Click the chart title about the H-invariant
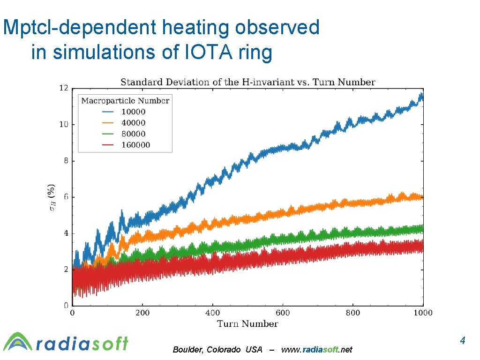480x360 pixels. click(x=248, y=82)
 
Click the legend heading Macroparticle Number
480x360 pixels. click(x=125, y=100)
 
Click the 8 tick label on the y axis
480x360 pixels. click(x=65, y=160)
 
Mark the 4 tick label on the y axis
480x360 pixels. click(x=65, y=233)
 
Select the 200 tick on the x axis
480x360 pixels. click(x=142, y=313)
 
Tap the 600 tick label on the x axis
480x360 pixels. click(x=283, y=313)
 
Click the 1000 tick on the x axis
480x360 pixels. click(x=423, y=313)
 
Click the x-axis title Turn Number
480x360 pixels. click(x=247, y=324)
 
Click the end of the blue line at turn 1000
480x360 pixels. click(x=422, y=97)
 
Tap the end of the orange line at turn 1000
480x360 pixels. click(x=422, y=197)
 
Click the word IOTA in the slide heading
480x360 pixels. click(x=205, y=52)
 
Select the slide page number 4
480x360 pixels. click(x=462, y=340)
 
